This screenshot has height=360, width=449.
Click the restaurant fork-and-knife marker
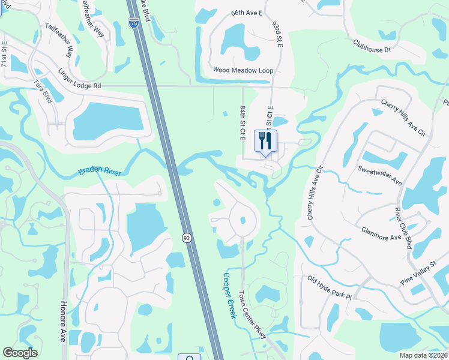(x=266, y=142)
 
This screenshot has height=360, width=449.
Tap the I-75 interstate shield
(x=133, y=23)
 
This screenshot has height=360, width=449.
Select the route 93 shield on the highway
(x=187, y=237)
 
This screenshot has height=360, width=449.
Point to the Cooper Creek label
(x=229, y=296)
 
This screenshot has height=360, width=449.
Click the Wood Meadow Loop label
(x=243, y=70)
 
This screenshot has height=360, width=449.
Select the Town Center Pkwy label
(x=252, y=315)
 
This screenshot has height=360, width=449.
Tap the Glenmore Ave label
(x=381, y=233)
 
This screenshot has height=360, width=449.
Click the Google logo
(x=20, y=353)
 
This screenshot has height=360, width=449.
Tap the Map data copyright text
(x=423, y=355)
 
